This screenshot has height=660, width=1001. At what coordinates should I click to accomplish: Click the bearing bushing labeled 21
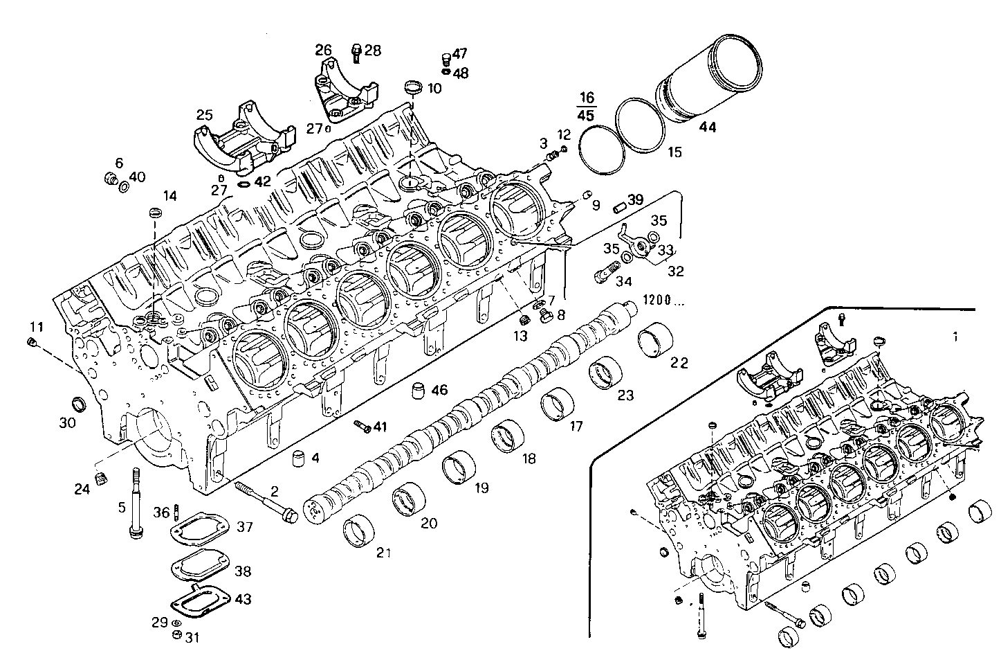tap(360, 532)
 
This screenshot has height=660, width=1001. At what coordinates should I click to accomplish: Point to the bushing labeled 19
tap(457, 469)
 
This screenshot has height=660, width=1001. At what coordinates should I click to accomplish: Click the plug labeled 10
tap(414, 88)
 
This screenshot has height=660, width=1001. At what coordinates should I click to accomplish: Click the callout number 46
tap(439, 390)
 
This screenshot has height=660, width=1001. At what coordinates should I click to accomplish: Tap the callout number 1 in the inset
tap(955, 337)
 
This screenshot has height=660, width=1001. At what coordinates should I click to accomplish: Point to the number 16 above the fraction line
tap(587, 97)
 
